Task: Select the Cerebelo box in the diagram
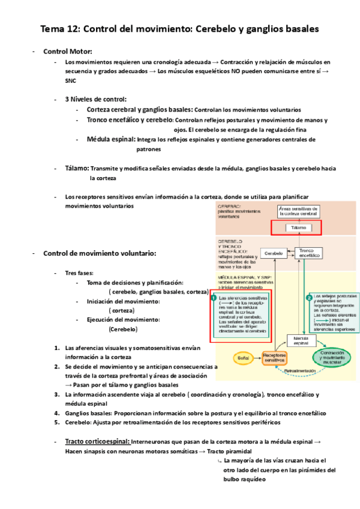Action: tap(274, 253)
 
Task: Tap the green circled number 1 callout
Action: tap(214, 297)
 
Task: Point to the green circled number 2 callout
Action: tap(308, 297)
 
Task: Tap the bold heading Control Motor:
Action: tap(68, 52)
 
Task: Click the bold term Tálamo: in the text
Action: tap(77, 169)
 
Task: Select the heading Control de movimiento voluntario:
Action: tap(100, 253)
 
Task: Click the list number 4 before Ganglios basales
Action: tap(56, 414)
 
